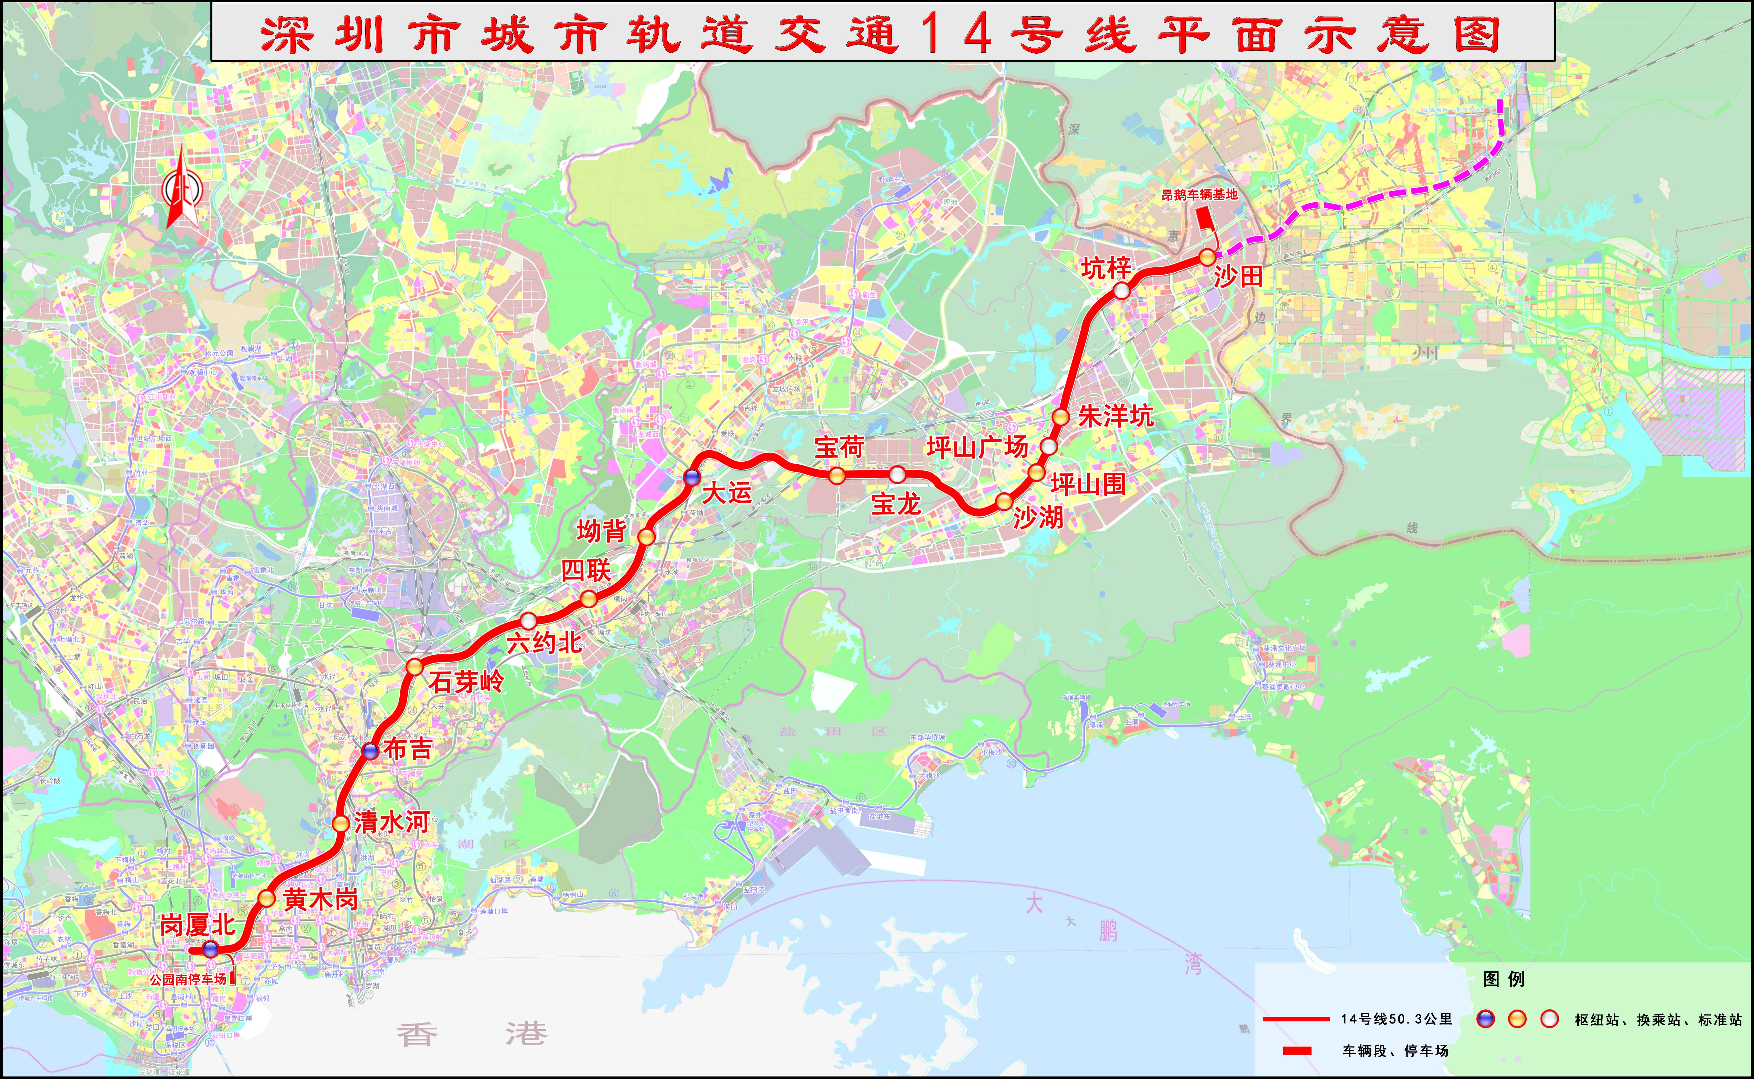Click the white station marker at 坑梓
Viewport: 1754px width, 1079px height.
[1122, 291]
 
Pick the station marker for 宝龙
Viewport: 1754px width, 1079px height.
[898, 474]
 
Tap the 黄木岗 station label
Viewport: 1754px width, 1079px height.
[321, 899]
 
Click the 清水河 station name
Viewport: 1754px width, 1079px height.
[391, 822]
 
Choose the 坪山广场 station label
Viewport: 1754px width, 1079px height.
[978, 448]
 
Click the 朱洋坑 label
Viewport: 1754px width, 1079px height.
[1115, 416]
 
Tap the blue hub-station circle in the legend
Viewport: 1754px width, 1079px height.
[1485, 1019]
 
